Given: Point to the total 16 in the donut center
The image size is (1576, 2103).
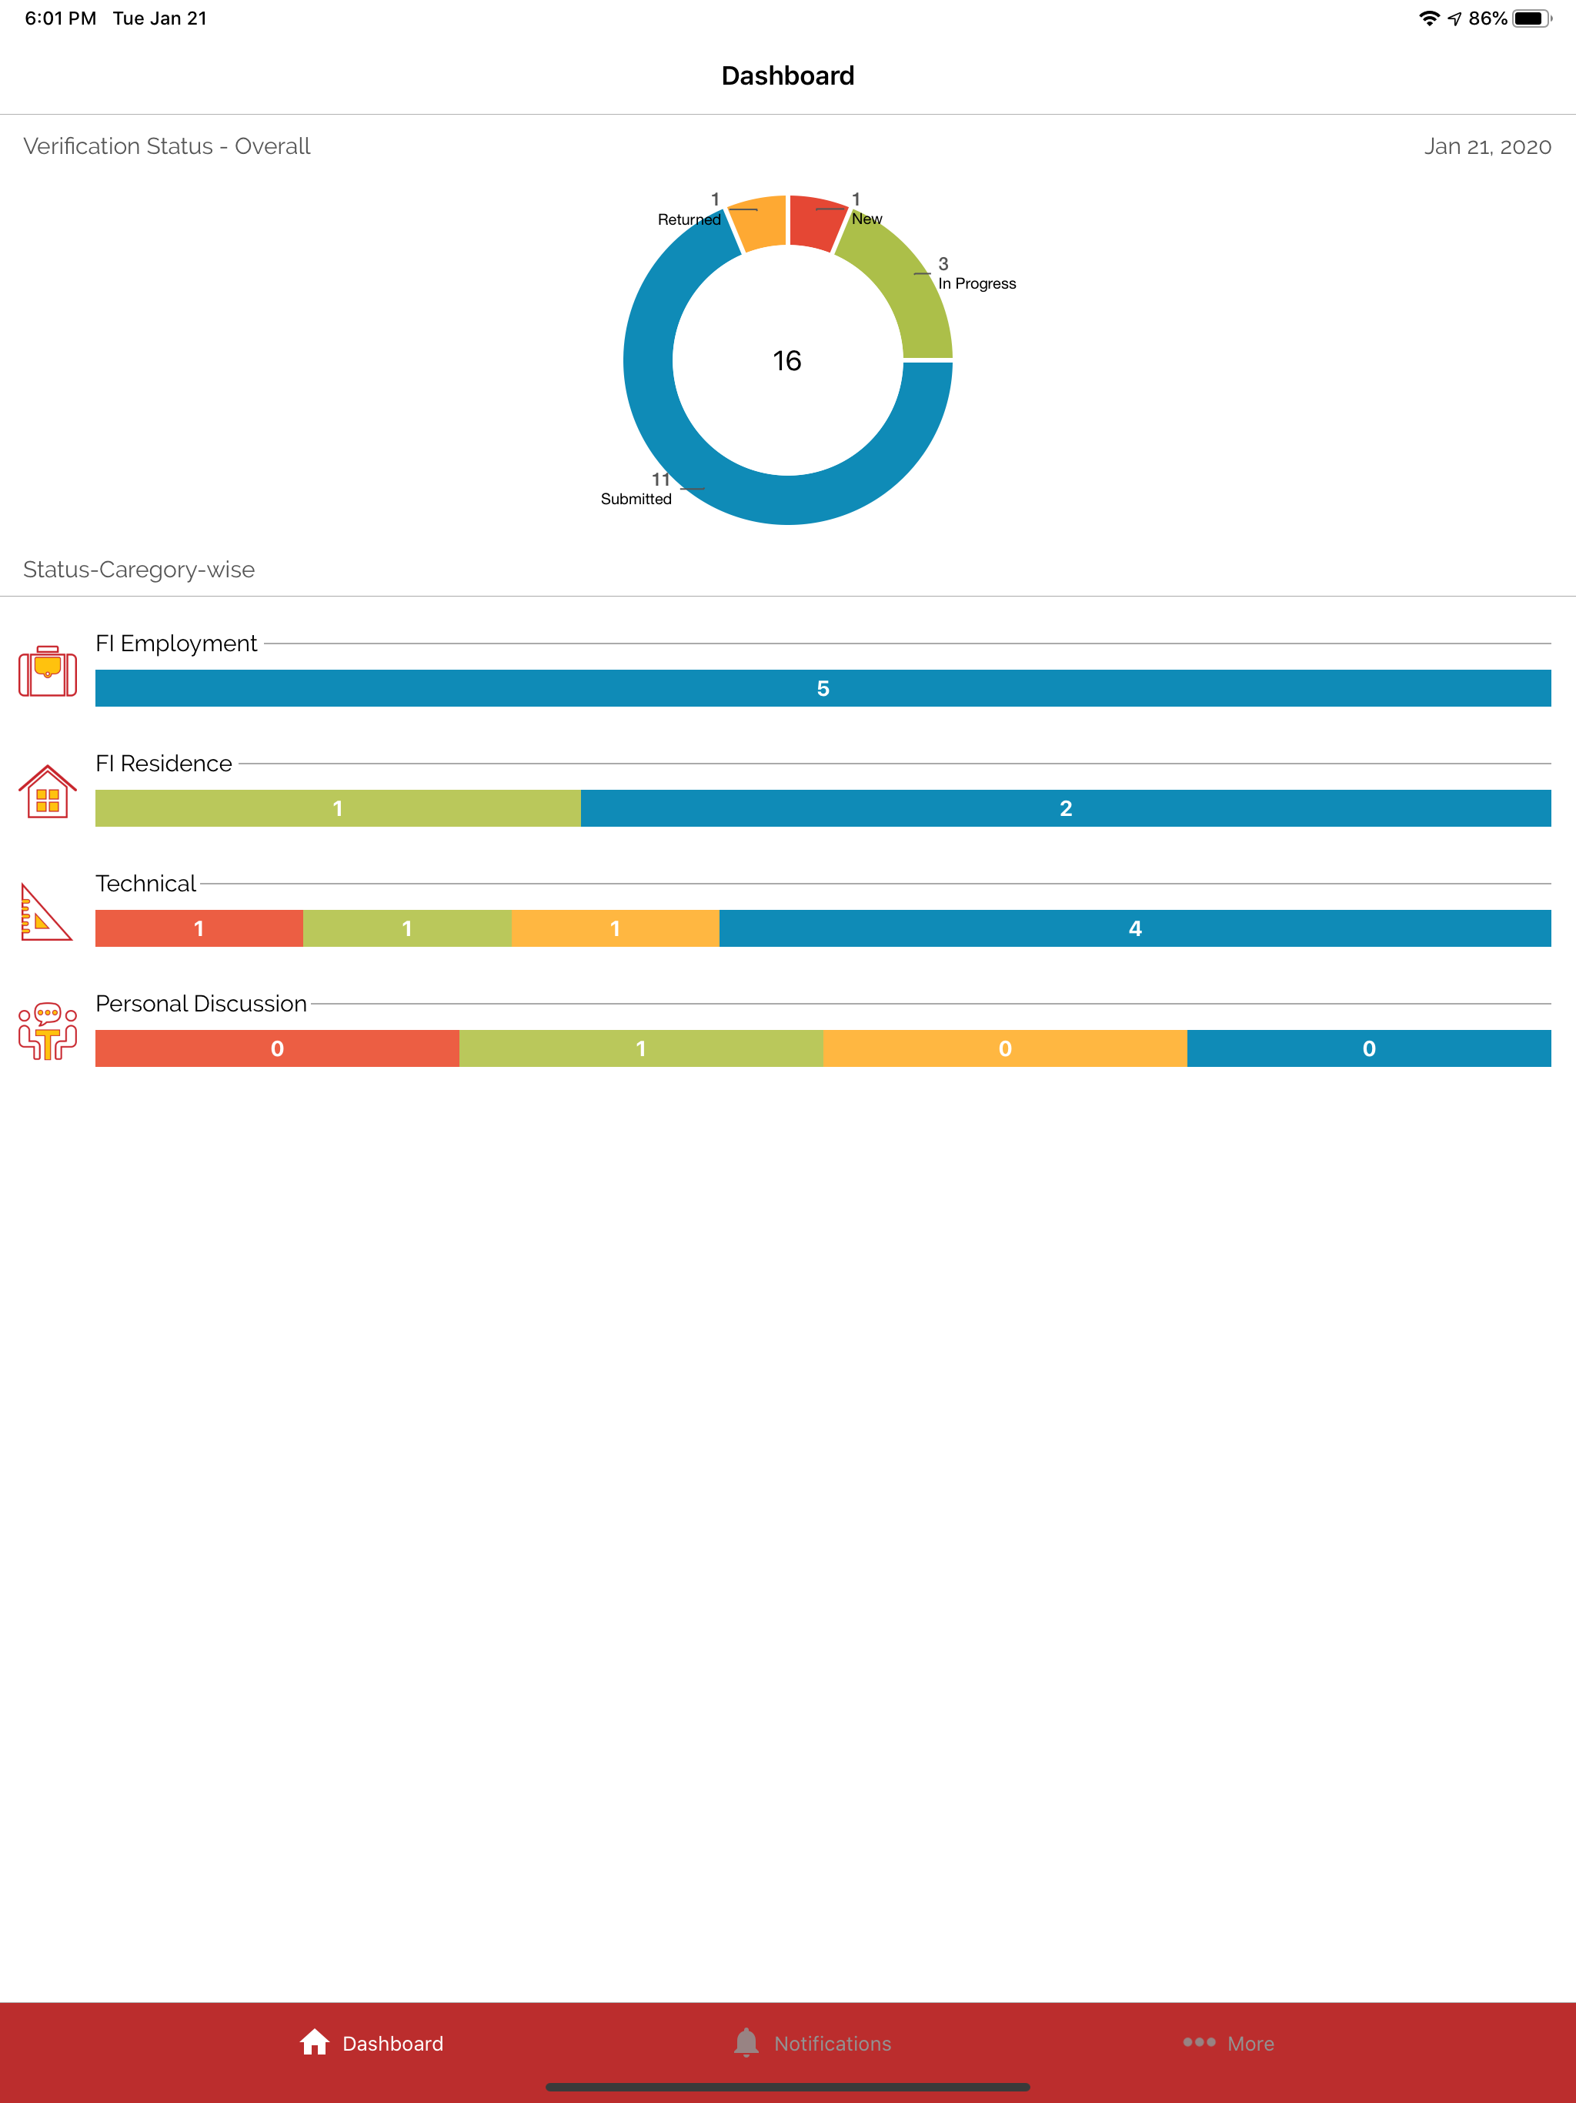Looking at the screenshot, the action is point(787,361).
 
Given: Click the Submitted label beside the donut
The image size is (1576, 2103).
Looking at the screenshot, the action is point(636,499).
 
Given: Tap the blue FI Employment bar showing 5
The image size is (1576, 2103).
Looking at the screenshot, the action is point(823,688).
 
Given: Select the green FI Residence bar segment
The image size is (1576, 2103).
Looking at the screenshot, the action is point(338,808).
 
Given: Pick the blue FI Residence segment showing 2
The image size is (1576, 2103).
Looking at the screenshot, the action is point(1066,808).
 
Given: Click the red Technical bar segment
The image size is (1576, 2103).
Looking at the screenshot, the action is point(199,928).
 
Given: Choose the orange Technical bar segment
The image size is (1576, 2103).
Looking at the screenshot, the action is point(615,928).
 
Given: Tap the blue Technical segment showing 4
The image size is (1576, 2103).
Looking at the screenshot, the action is point(1135,928).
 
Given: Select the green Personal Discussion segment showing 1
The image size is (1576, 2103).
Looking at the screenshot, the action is point(641,1048).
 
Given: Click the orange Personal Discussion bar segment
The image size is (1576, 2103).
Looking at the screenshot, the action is point(1005,1048).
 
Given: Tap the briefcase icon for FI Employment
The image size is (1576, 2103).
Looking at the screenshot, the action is point(48,671).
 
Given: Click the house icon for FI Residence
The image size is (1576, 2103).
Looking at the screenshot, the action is point(48,791).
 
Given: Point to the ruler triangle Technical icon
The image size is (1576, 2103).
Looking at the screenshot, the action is point(45,913).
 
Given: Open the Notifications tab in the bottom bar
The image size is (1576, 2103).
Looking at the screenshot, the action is point(813,2043).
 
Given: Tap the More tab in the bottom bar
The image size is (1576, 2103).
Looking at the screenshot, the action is point(1228,2043).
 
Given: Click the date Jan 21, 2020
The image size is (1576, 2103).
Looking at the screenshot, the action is point(1488,146).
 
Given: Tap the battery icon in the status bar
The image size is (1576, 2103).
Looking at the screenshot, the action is point(1532,18).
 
